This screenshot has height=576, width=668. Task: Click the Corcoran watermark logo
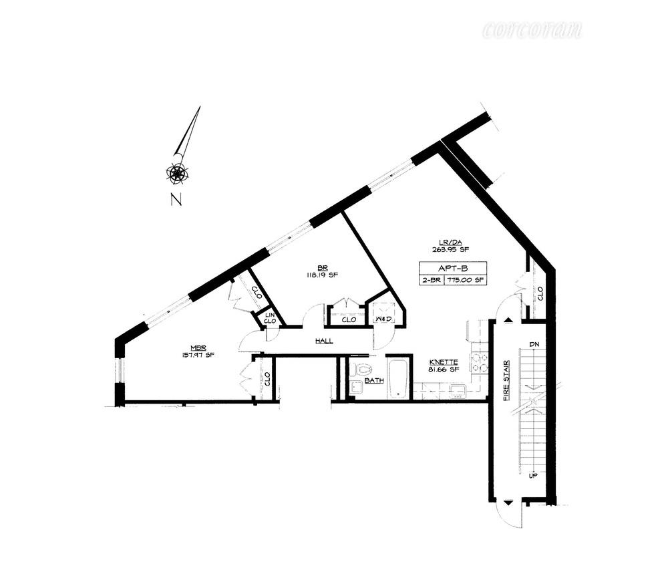(x=532, y=30)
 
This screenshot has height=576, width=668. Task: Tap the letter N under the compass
(x=176, y=199)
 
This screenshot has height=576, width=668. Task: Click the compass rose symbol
(x=178, y=172)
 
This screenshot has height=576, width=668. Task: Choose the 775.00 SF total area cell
(x=469, y=280)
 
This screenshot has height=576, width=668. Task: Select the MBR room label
(x=198, y=347)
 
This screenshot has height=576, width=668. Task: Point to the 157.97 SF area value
(x=198, y=355)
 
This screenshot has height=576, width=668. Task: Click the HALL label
(x=324, y=341)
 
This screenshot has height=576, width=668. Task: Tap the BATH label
(x=374, y=380)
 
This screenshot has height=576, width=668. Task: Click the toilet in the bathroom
(x=363, y=370)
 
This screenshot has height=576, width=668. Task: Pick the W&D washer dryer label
(x=383, y=320)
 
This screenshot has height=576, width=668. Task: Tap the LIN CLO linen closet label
(x=270, y=317)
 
